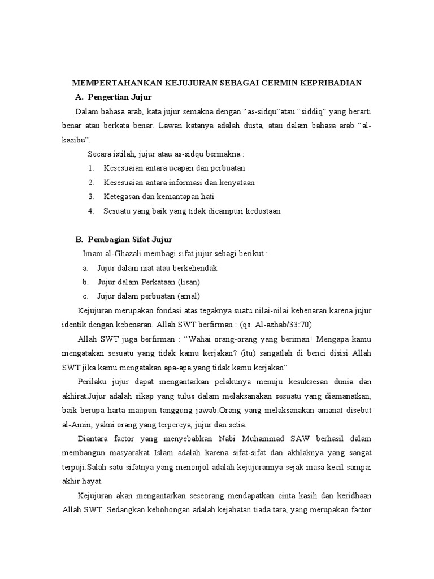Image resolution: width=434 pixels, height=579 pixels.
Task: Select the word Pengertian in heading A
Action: pyautogui.click(x=112, y=97)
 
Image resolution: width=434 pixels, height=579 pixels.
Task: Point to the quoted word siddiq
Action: pyautogui.click(x=306, y=111)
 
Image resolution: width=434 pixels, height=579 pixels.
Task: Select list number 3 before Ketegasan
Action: pyautogui.click(x=90, y=196)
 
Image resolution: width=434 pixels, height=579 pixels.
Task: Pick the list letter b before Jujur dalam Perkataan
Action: pyautogui.click(x=85, y=282)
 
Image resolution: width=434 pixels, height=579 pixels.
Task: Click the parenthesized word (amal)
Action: pyautogui.click(x=189, y=296)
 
